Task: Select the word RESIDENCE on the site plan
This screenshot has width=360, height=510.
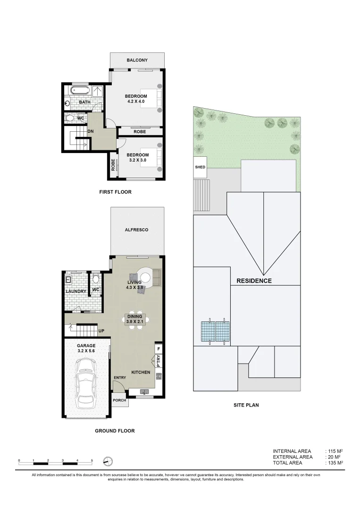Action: tap(254, 281)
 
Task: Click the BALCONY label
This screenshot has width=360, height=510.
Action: tap(137, 60)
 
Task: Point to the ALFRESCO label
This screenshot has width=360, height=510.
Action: tap(137, 230)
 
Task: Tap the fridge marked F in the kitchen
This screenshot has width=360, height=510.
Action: tap(159, 349)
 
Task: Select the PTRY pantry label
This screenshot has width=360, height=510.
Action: tap(159, 361)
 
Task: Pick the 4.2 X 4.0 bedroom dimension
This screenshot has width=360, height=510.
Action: tap(136, 102)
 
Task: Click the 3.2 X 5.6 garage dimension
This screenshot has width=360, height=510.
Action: tap(86, 351)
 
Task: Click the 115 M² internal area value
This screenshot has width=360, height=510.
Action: tap(334, 451)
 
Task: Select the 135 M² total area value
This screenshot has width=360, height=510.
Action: tap(334, 463)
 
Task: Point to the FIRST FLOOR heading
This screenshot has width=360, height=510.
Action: tap(115, 192)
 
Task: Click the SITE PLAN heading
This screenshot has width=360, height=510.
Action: tap(246, 405)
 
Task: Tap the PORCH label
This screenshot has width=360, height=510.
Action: tap(119, 400)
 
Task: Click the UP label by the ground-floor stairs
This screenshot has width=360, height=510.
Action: tap(101, 331)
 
